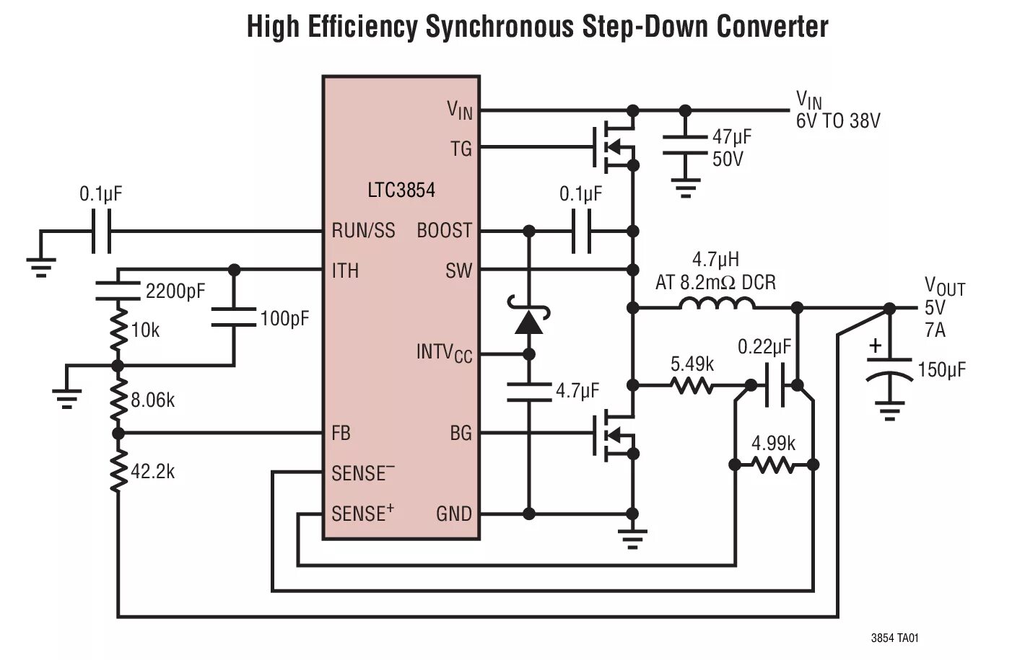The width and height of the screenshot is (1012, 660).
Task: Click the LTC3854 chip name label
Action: [x=401, y=190]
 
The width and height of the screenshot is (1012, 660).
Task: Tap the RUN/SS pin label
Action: [x=363, y=231]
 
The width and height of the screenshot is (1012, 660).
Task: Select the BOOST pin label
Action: [x=444, y=231]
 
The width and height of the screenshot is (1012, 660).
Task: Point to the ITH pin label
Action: [x=345, y=271]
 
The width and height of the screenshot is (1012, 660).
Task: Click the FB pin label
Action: [x=341, y=434]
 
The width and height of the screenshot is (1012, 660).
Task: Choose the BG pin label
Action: [x=461, y=434]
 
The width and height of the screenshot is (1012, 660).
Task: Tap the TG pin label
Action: [x=461, y=149]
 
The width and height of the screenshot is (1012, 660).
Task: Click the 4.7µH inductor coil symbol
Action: [x=717, y=303]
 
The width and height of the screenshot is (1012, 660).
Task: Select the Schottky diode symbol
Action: [x=528, y=316]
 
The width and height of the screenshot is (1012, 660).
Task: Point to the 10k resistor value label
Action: [x=146, y=330]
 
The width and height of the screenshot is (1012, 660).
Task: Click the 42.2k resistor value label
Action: [x=153, y=472]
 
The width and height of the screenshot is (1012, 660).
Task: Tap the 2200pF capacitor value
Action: [x=175, y=291]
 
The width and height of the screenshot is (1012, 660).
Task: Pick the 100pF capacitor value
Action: [x=284, y=319]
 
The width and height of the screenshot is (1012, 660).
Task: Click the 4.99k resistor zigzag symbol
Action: [x=774, y=465]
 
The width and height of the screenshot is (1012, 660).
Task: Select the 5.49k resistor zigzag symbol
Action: [x=692, y=385]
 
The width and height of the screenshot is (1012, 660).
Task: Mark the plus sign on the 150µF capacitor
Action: [x=876, y=346]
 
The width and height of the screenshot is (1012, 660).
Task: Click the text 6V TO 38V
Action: [x=838, y=121]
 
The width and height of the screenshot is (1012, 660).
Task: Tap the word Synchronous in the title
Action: [x=500, y=27]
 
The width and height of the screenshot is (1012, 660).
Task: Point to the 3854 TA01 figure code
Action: [x=894, y=638]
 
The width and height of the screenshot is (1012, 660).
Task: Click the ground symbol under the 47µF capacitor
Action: [x=685, y=188]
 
